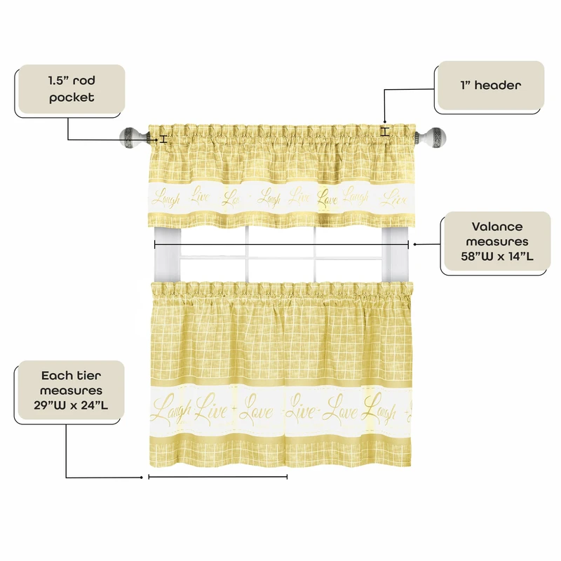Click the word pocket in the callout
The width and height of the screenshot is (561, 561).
tap(72, 97)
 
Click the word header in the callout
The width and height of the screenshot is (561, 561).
tap(497, 86)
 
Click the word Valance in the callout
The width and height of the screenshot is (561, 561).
tap(497, 227)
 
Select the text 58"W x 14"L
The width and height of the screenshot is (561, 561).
tap(497, 257)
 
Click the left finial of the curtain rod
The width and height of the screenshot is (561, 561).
tap(131, 135)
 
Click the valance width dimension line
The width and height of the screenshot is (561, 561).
tap(280, 244)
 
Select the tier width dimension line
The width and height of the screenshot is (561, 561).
tap(218, 477)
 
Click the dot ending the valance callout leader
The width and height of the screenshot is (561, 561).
tap(416, 244)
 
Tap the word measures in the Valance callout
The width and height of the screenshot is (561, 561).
tap(497, 241)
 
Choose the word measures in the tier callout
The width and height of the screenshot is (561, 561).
tap(72, 390)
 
